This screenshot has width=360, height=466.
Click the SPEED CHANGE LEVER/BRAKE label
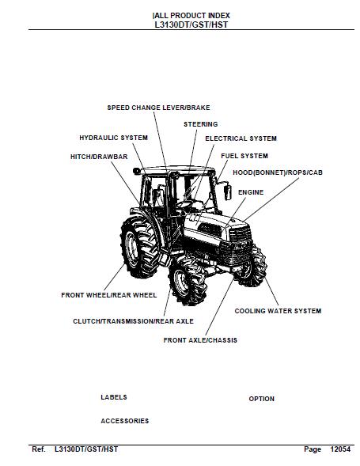click(x=158, y=108)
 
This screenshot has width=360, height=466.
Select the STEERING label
click(x=201, y=124)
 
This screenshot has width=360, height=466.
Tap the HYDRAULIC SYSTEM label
click(x=114, y=138)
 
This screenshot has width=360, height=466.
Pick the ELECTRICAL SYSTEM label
click(x=241, y=138)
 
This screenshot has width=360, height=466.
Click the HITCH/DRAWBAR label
click(x=99, y=157)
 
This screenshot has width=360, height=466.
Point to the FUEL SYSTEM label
click(x=244, y=156)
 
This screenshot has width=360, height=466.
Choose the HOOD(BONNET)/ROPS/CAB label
click(x=278, y=172)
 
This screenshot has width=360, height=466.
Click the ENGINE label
click(x=251, y=192)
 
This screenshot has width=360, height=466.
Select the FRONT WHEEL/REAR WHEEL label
click(x=109, y=295)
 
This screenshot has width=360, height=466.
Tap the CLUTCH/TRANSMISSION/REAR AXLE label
click(x=133, y=321)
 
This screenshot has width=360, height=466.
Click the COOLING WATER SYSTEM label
click(x=278, y=311)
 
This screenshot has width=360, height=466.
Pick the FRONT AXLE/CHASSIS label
click(x=200, y=340)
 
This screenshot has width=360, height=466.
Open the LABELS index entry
click(x=114, y=397)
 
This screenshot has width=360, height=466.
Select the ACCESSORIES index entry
click(x=125, y=421)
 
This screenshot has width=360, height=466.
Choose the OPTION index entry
click(x=262, y=399)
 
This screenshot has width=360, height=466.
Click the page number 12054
click(x=340, y=449)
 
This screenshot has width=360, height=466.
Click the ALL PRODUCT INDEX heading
click(x=191, y=16)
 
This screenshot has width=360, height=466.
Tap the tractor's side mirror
click(x=228, y=192)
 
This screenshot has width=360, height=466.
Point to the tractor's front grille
click(x=238, y=246)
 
